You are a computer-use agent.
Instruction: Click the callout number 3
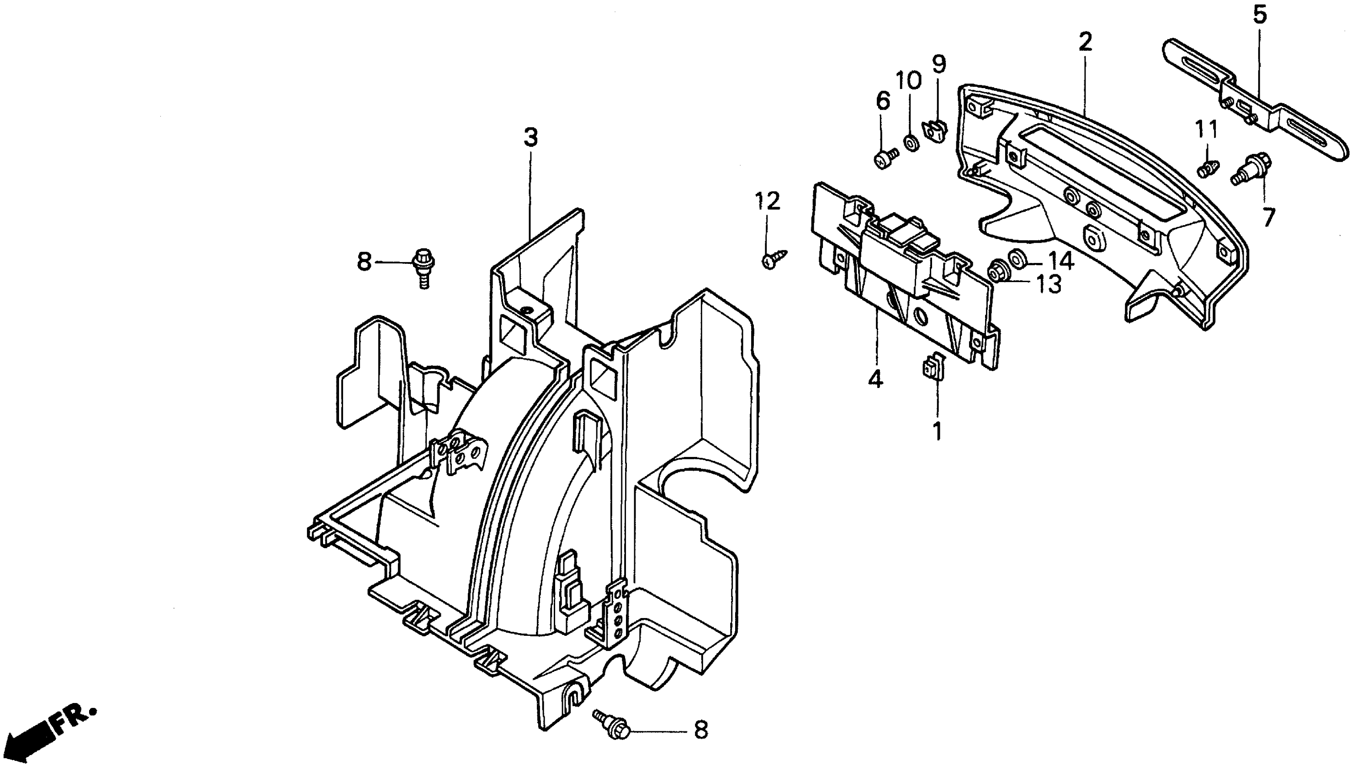pos(530,137)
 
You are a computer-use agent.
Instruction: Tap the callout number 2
pos(1085,42)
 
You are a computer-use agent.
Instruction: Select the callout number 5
pos(1259,15)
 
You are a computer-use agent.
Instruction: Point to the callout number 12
pos(768,201)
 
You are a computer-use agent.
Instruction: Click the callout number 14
pos(1060,261)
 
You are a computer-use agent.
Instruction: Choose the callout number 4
pos(875,379)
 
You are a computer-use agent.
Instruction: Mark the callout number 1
pos(937,432)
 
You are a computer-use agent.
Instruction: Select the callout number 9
pos(938,64)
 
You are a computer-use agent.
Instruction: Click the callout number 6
pos(883,101)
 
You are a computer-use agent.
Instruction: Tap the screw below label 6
pos(886,158)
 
